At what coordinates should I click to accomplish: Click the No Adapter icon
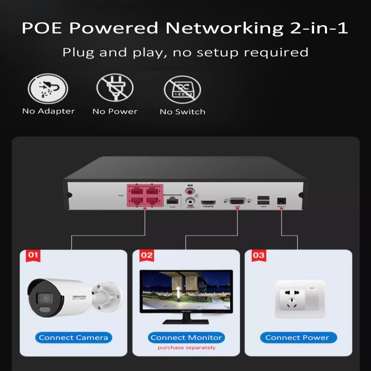pos(48,89)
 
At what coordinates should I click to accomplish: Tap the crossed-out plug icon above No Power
pos(115,89)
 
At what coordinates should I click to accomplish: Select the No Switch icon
pos(182,90)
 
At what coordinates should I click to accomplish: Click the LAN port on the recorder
pos(173,200)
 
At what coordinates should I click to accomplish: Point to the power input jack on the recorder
pos(281,201)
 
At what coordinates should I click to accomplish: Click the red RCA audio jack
pos(189,191)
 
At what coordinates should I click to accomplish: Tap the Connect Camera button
pos(73,337)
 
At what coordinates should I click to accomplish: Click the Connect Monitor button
pos(186,337)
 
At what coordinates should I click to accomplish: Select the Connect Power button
pos(297,337)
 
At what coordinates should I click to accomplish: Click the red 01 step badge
pos(33,255)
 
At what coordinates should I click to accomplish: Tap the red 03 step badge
pos(258,255)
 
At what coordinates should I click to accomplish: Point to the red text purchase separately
pos(186,348)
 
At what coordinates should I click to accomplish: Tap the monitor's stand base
pos(185,321)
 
